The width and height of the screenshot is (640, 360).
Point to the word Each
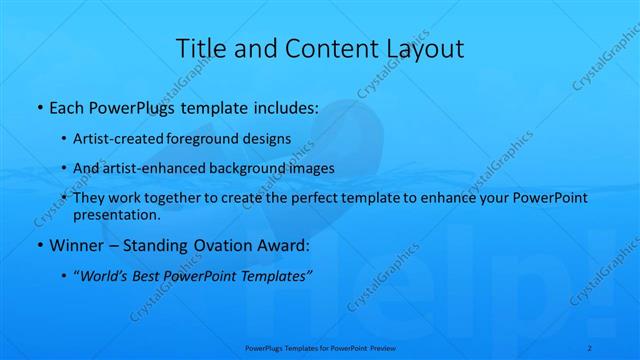click(x=68, y=106)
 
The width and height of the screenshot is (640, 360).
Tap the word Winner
click(x=76, y=245)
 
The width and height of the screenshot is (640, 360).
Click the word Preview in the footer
click(x=381, y=347)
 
